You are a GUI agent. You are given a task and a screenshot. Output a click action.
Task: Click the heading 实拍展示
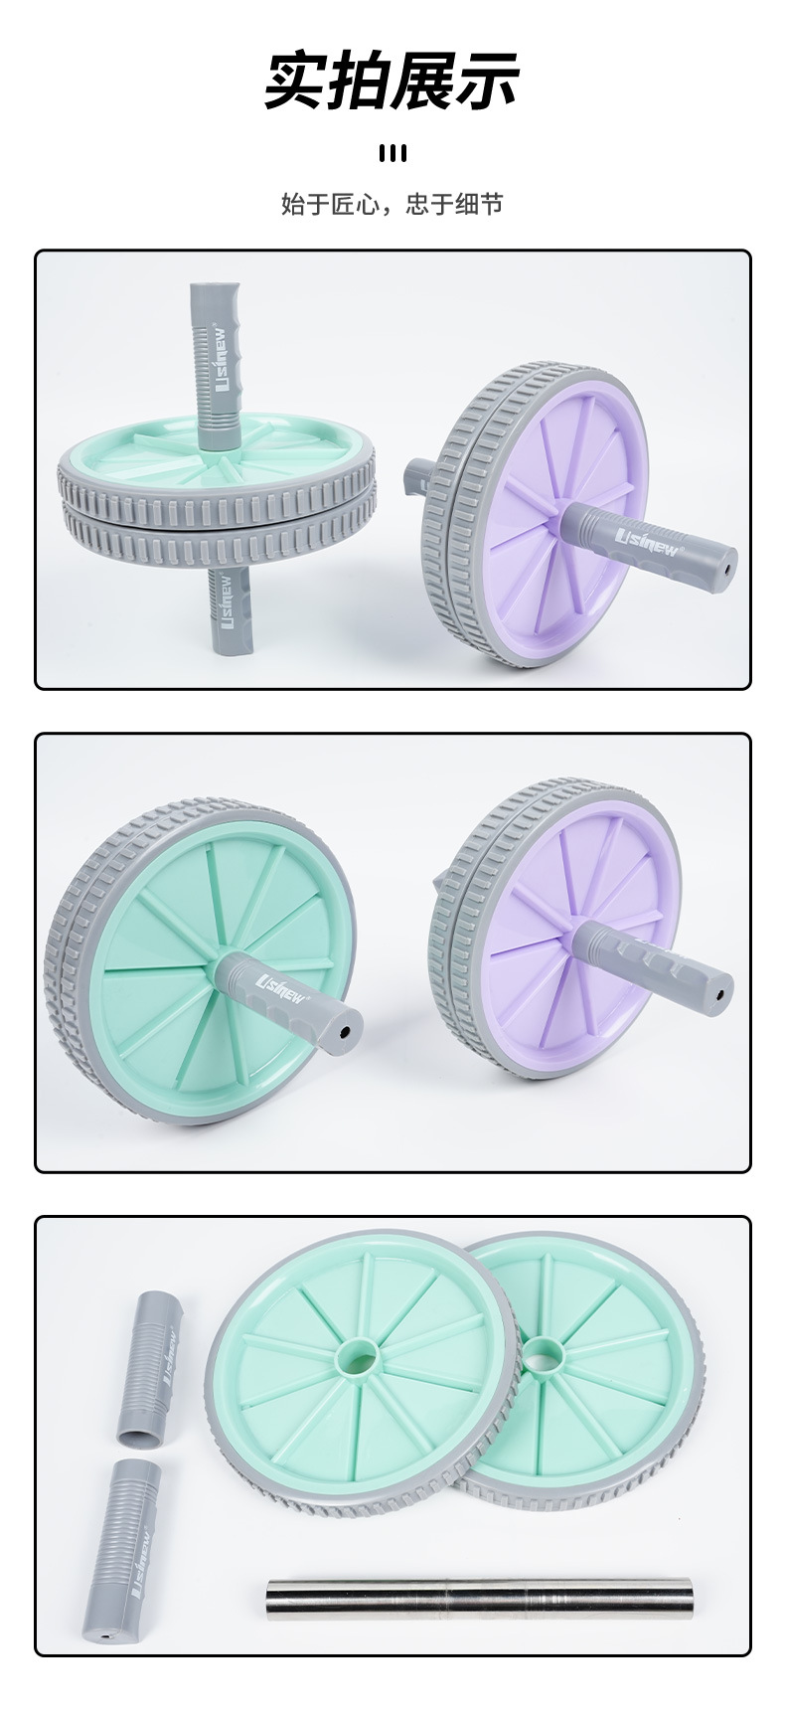392,81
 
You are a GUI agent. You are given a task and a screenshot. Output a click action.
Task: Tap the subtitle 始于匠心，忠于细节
392,205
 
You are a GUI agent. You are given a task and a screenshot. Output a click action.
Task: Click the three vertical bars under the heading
392,153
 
